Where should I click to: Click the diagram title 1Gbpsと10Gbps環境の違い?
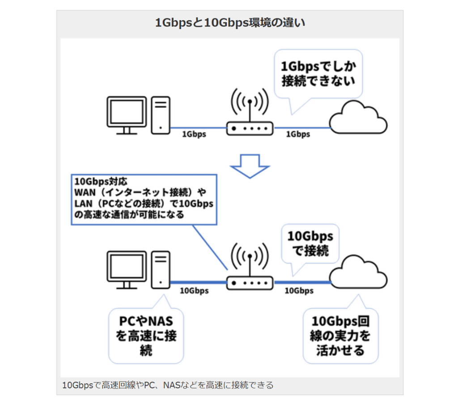pyautogui.click(x=229, y=22)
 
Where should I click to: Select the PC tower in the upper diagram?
pyautogui.click(x=161, y=115)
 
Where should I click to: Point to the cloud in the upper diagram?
pyautogui.click(x=358, y=118)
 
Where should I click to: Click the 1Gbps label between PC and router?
pyautogui.click(x=194, y=134)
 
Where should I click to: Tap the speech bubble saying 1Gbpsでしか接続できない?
pyautogui.click(x=318, y=74)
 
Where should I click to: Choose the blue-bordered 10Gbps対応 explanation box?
pyautogui.click(x=144, y=199)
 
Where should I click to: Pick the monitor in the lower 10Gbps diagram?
pyautogui.click(x=127, y=268)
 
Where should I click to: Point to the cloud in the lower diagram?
pyautogui.click(x=358, y=273)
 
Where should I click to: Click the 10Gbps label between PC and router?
pyautogui.click(x=194, y=290)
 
